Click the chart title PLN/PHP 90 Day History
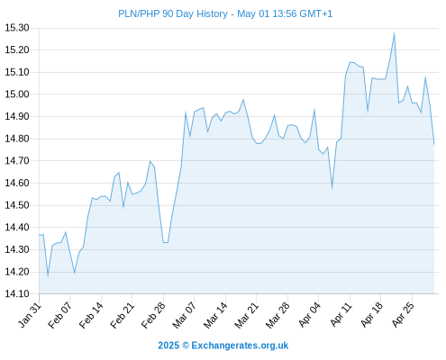(x=173, y=13)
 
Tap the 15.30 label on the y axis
(x=17, y=28)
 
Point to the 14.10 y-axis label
(x=17, y=293)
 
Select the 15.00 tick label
(x=17, y=94)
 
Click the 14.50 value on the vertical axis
(x=17, y=205)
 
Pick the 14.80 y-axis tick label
(x=17, y=139)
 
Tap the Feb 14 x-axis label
(x=91, y=315)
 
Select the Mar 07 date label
(x=184, y=315)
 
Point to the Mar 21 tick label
(x=246, y=315)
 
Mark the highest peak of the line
(x=394, y=32)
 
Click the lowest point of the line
(x=48, y=275)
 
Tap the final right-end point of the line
(x=434, y=145)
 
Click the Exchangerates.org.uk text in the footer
(x=240, y=346)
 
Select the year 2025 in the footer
(x=168, y=346)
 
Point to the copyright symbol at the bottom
(x=186, y=346)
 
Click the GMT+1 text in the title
(x=316, y=13)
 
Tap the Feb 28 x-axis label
(x=153, y=315)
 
